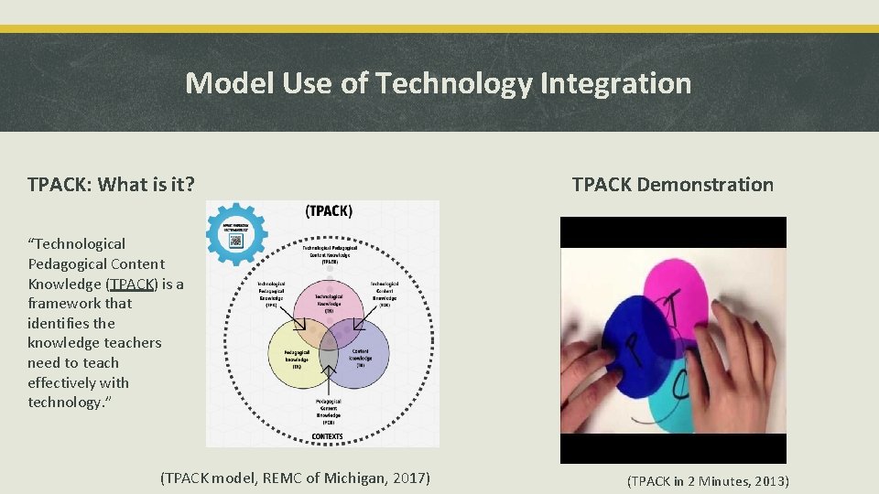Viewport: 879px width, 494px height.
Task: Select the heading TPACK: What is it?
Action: [111, 184]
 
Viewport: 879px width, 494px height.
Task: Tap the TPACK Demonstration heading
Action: [672, 184]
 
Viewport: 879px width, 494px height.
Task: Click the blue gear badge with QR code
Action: [236, 233]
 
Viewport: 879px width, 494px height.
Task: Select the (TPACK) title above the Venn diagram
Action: [328, 210]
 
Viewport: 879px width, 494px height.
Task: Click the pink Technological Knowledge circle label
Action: [328, 303]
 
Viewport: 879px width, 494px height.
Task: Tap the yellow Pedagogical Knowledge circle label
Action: [297, 357]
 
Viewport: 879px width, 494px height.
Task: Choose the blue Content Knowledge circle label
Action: [361, 357]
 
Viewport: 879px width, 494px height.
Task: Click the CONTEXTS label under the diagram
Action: [328, 436]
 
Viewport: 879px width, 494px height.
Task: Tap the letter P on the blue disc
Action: [632, 343]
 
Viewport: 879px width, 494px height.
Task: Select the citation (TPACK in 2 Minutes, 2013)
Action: [708, 481]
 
